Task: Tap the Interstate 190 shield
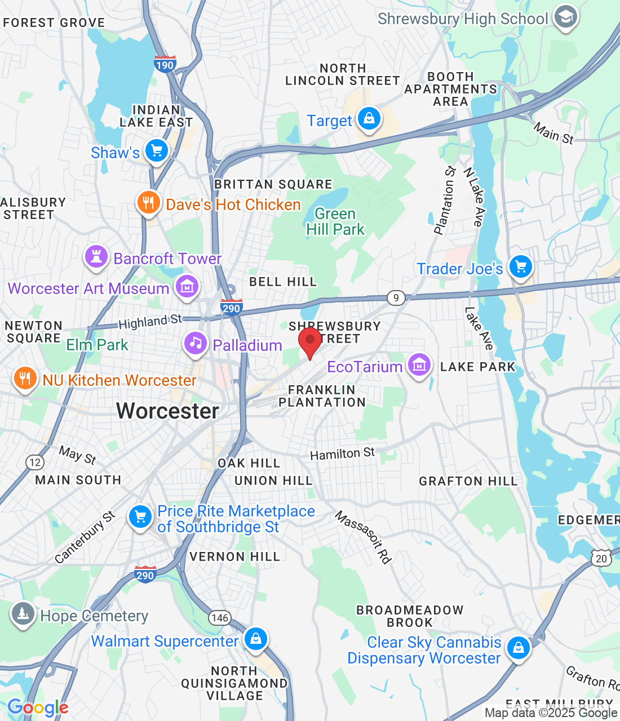point(165,64)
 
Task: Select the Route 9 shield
point(396,297)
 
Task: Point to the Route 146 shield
point(220,617)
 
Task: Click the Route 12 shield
point(35,462)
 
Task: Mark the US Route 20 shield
point(601,558)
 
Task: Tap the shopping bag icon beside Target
point(369,119)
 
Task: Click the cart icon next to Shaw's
point(157,151)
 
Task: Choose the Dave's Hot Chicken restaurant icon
point(148,203)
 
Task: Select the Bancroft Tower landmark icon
point(96,257)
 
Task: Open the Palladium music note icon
point(195,343)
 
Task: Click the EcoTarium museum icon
point(419,365)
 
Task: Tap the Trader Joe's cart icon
point(520,267)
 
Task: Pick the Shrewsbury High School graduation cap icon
point(565,17)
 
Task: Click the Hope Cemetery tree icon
point(23,614)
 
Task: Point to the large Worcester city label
point(167,411)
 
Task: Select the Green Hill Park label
point(335,221)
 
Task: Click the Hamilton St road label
point(342,453)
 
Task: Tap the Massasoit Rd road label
point(364,537)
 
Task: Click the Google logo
point(38,708)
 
